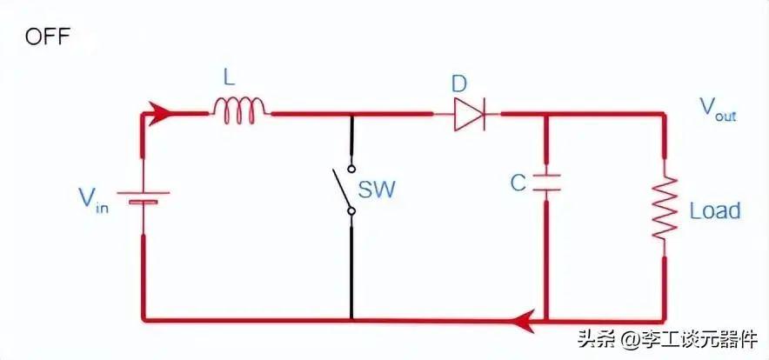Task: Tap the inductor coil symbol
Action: [x=239, y=108]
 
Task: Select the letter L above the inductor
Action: [x=229, y=78]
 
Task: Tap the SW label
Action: [x=376, y=189]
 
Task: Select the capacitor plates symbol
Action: [x=545, y=183]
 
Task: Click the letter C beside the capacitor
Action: [x=518, y=183]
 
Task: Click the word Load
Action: [x=714, y=210]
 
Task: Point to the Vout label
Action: [x=718, y=109]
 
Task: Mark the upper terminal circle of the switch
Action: [x=351, y=168]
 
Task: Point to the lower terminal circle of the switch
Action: [x=351, y=210]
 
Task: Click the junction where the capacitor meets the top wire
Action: [x=545, y=113]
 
